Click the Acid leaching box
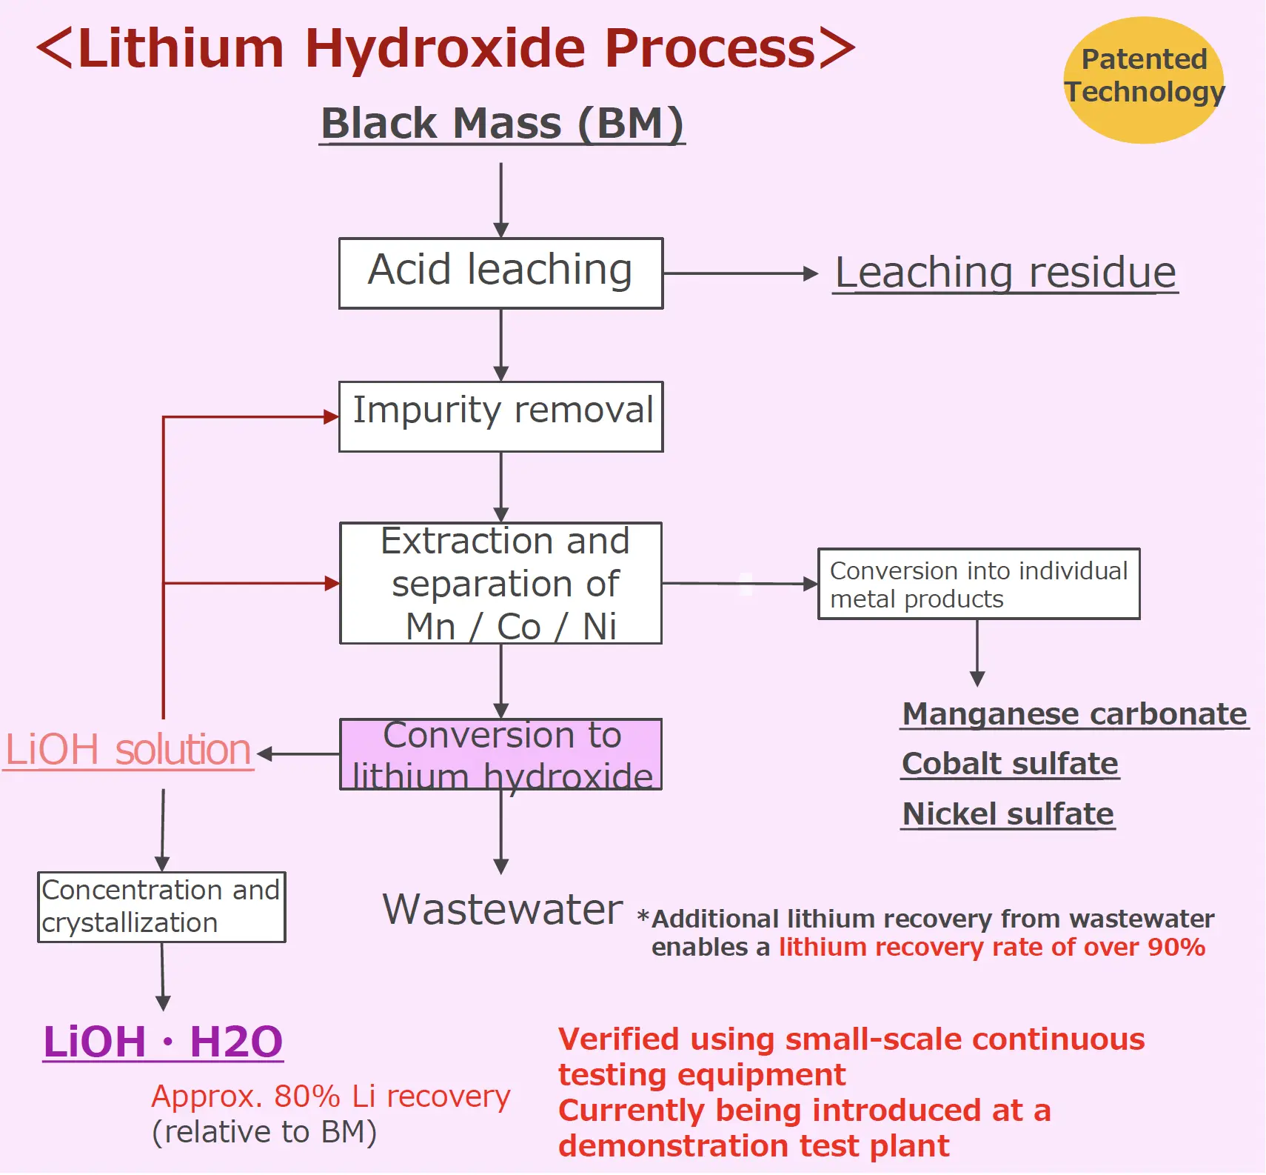[x=500, y=273]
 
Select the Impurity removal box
[x=500, y=416]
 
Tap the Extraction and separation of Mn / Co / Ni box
[x=500, y=583]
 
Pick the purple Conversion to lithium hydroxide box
[x=500, y=754]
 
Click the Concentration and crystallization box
[x=161, y=907]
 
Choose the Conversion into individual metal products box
[x=978, y=584]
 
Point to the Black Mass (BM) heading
[x=502, y=123]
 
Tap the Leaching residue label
[x=1005, y=273]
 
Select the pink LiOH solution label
[x=128, y=750]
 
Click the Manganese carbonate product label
[x=1074, y=714]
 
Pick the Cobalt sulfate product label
[x=1010, y=764]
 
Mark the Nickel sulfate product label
[x=1008, y=814]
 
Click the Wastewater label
[x=502, y=909]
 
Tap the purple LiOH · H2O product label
[x=163, y=1042]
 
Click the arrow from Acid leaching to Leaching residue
[x=740, y=273]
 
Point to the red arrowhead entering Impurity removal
[x=331, y=417]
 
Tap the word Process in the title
[x=709, y=49]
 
